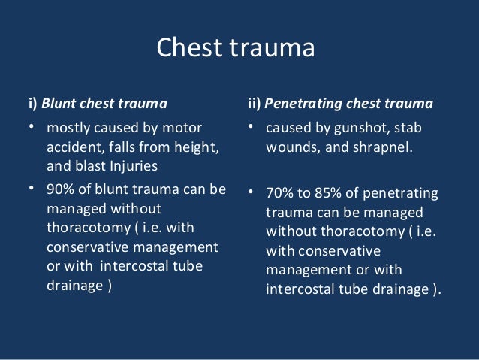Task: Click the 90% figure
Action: coord(59,190)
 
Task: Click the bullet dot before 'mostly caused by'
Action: coord(32,126)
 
